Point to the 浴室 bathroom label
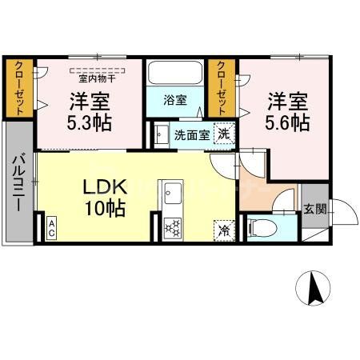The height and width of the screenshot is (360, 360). tap(175, 102)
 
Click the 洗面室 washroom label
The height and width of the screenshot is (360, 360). tap(192, 134)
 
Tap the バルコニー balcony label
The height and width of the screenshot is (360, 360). tap(17, 183)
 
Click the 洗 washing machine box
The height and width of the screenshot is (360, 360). tap(226, 134)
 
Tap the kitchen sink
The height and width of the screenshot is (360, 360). tap(173, 194)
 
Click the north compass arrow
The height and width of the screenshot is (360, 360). tap(314, 287)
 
